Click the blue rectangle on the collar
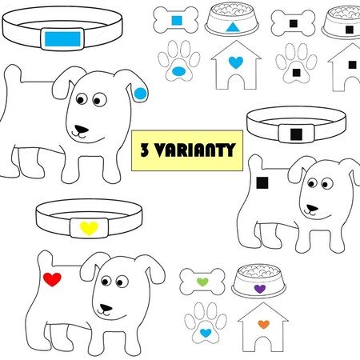click(x=62, y=39)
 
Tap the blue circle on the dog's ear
click(x=140, y=94)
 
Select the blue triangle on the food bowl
click(x=233, y=27)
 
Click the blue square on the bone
click(x=177, y=21)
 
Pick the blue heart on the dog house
click(x=236, y=62)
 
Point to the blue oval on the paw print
click(x=178, y=71)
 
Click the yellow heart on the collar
click(x=89, y=228)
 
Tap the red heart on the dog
click(x=52, y=279)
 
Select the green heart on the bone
click(x=202, y=282)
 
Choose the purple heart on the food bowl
click(x=260, y=289)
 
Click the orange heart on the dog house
click(x=264, y=324)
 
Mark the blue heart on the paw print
click(x=206, y=333)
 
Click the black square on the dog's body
click(x=262, y=183)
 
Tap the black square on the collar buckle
click(x=296, y=134)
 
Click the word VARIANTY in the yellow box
click(x=195, y=150)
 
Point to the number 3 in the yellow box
click(x=145, y=150)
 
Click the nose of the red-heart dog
click(x=106, y=308)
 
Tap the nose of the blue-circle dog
click(x=82, y=129)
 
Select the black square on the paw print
click(x=296, y=73)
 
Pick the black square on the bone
click(x=294, y=23)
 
